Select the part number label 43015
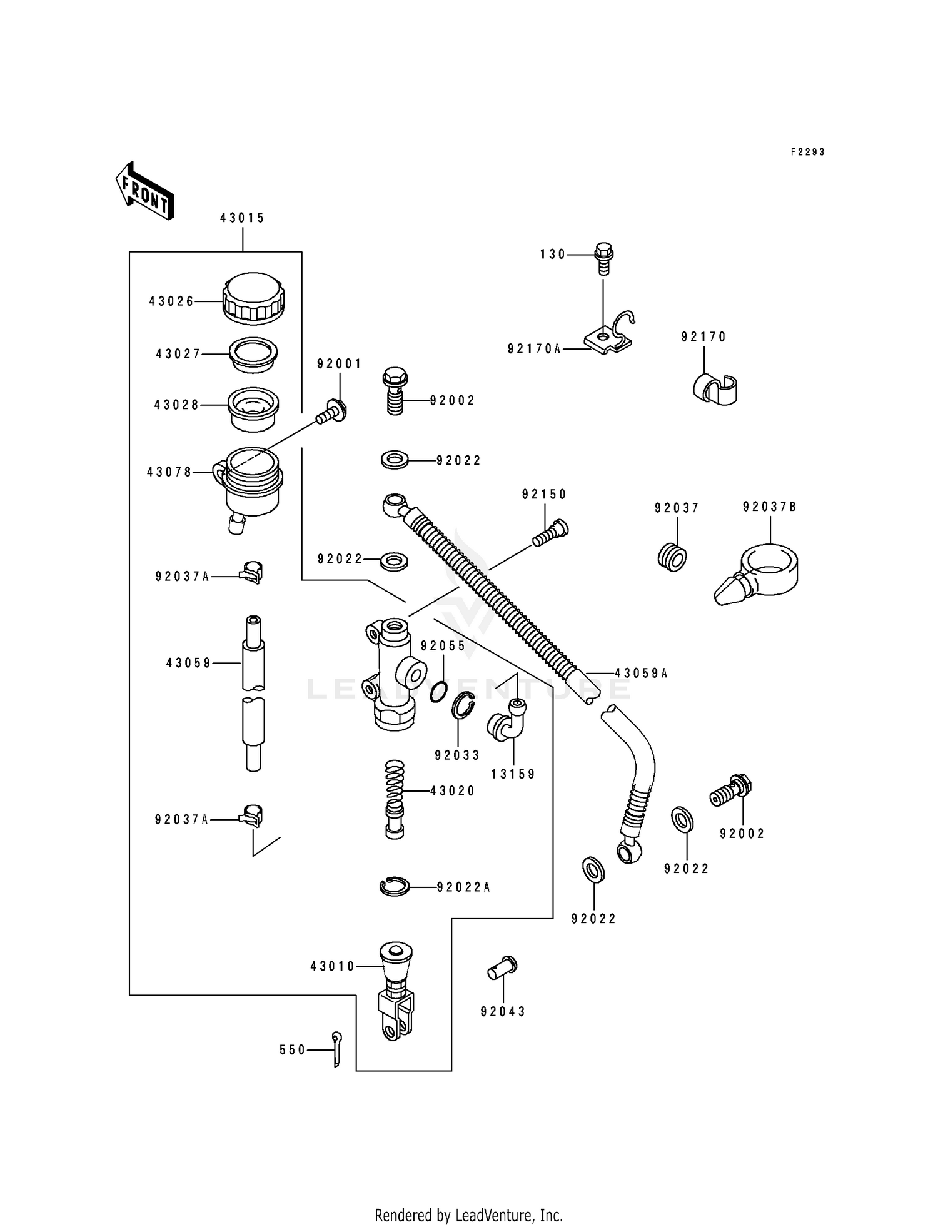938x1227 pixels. pyautogui.click(x=242, y=218)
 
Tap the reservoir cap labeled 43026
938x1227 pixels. pyautogui.click(x=254, y=298)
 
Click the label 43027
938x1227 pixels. pyautogui.click(x=178, y=354)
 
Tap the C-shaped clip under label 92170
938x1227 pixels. pyautogui.click(x=715, y=389)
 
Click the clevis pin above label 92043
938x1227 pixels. pyautogui.click(x=502, y=969)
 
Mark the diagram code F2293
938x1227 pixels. pyautogui.click(x=807, y=152)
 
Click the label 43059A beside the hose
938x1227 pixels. pyautogui.click(x=641, y=674)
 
